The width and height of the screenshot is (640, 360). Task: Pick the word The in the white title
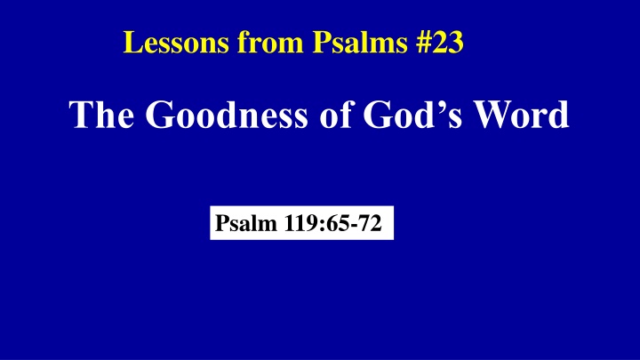click(x=105, y=116)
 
